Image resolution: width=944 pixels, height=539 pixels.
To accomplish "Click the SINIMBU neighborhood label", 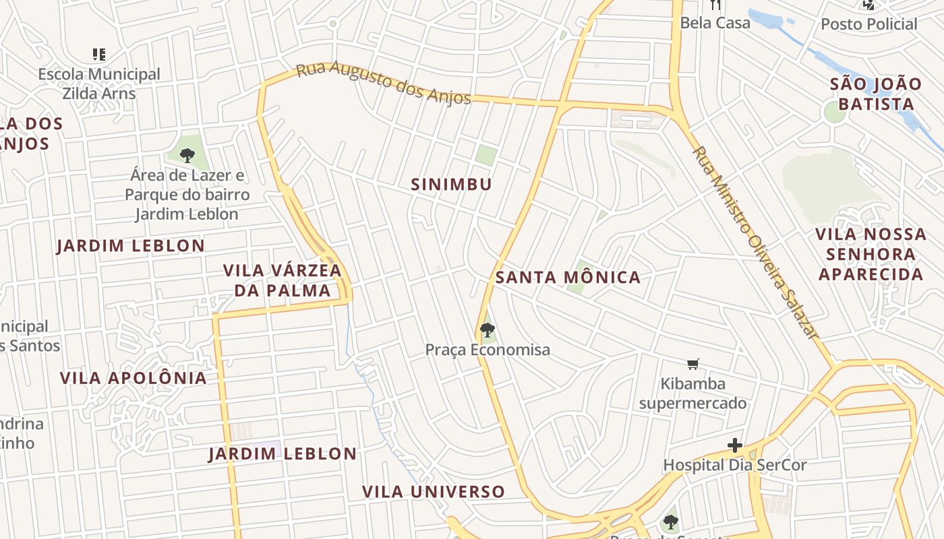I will coord(451,184).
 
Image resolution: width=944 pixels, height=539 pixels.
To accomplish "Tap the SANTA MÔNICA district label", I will coord(568,277).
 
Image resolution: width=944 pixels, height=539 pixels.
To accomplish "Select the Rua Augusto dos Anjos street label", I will coord(383,84).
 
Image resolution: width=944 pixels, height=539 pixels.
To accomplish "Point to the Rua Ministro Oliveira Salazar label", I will coord(755,243).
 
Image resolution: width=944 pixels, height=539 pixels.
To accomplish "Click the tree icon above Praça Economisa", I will coord(487,329).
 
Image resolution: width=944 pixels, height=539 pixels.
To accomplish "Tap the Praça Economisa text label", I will coord(487,350).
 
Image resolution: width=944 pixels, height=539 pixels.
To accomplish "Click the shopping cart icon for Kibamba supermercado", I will coord(692,364).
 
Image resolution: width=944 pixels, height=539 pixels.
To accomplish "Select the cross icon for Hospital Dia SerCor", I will coord(735,445).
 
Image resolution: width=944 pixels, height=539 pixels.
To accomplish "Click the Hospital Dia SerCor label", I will coord(734,465).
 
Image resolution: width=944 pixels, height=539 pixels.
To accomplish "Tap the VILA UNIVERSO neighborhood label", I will coord(434,492).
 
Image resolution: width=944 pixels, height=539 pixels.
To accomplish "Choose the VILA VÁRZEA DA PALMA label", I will coord(282,280).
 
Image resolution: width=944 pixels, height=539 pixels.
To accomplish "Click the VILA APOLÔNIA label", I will coord(134,378).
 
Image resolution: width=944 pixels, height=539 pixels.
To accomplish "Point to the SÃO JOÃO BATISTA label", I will coord(875,94).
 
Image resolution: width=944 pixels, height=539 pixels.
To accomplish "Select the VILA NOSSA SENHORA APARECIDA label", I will coord(871,254).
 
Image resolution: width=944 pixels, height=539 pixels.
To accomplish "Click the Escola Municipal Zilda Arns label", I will coord(99,84).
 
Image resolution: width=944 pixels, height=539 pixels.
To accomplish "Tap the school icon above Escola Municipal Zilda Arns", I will coord(99,55).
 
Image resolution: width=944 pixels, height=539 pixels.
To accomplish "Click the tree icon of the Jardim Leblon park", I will coord(187,156).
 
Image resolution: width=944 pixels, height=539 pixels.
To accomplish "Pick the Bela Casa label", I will coord(715,23).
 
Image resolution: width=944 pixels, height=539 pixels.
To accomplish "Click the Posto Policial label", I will coord(868,24).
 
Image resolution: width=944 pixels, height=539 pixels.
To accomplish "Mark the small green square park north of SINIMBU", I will coord(485,155).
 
